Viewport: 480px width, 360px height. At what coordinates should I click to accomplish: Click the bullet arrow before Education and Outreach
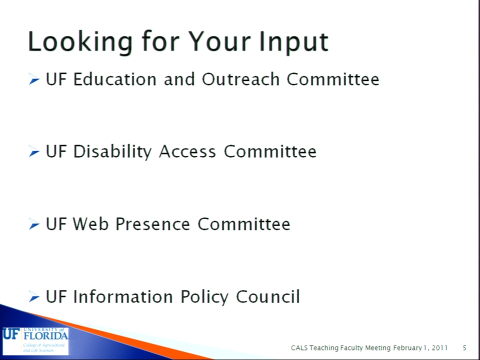pos(34,79)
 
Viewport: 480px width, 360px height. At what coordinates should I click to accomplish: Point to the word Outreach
pos(240,79)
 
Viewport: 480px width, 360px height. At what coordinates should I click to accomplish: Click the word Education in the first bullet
pos(115,79)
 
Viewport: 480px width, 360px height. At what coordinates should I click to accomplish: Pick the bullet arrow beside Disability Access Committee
pos(34,151)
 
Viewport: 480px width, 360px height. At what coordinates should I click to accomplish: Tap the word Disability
pos(112,152)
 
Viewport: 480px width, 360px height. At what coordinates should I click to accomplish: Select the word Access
pos(187,151)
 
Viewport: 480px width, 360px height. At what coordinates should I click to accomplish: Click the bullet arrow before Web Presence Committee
pos(34,224)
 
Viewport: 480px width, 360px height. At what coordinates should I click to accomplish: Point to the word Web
pos(90,224)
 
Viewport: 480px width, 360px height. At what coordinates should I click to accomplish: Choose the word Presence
pos(153,224)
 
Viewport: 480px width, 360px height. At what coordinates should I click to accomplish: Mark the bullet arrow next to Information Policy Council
pos(34,296)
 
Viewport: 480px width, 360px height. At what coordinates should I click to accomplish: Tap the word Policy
pos(204,297)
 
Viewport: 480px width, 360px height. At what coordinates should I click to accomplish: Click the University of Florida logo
pos(35,340)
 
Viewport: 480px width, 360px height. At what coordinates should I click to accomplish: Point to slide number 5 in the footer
pos(464,348)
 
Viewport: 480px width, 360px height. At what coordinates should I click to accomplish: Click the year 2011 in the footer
pos(440,348)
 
